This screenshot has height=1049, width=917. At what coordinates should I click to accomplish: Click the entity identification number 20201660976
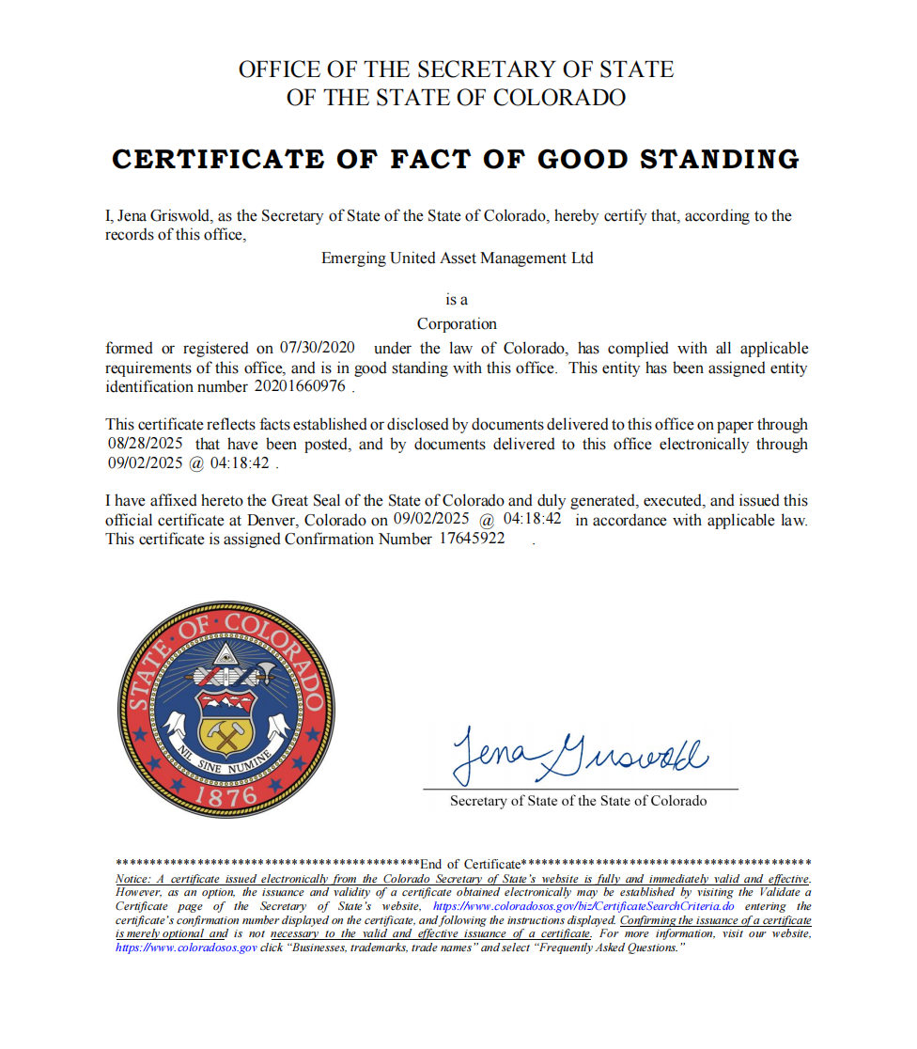[x=300, y=386]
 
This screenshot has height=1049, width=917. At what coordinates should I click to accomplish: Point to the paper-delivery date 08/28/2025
[x=147, y=444]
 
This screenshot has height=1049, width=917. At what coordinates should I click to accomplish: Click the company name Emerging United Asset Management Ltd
[x=458, y=258]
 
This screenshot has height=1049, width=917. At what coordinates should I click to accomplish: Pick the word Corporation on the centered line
[x=457, y=324]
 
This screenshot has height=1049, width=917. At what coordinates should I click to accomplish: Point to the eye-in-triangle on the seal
[x=224, y=655]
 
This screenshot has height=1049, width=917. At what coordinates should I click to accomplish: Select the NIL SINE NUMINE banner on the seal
[x=225, y=761]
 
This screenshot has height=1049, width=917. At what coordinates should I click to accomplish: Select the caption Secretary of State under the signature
[x=578, y=801]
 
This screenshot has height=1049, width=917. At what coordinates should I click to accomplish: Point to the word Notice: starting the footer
[x=133, y=879]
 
